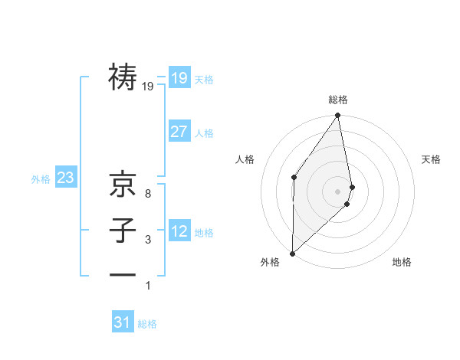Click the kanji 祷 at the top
pyautogui.click(x=123, y=77)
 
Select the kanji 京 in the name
pyautogui.click(x=123, y=184)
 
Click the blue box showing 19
pyautogui.click(x=179, y=77)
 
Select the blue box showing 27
pyautogui.click(x=179, y=132)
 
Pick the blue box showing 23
pyautogui.click(x=65, y=178)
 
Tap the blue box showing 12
pyautogui.click(x=179, y=231)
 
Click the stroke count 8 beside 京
pyautogui.click(x=147, y=194)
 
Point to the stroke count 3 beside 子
pyautogui.click(x=147, y=240)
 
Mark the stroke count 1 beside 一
pyautogui.click(x=148, y=286)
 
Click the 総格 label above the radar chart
pyautogui.click(x=338, y=100)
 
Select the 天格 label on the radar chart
pyautogui.click(x=431, y=159)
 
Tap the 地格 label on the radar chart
pyautogui.click(x=402, y=262)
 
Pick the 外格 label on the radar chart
pyautogui.click(x=269, y=262)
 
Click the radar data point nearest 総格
pyautogui.click(x=338, y=116)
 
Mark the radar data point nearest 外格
pyautogui.click(x=293, y=253)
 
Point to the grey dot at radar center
pyautogui.click(x=338, y=191)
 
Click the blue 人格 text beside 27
pyautogui.click(x=204, y=133)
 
